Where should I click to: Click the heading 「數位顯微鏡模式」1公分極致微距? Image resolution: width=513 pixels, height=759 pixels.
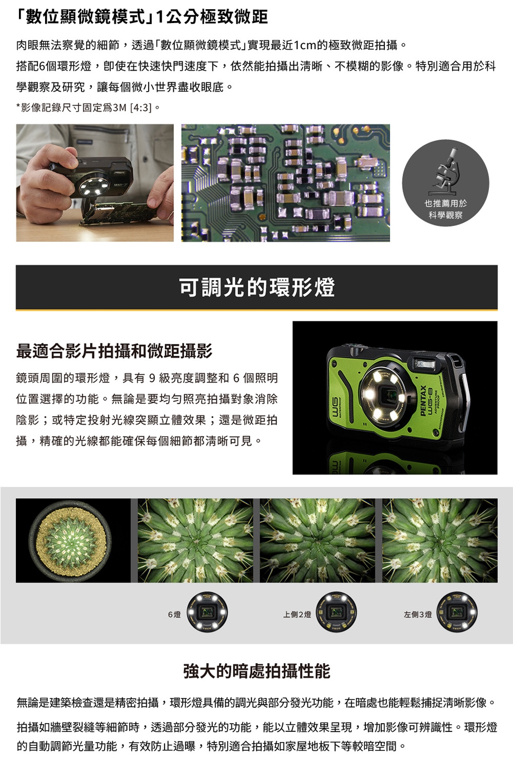click(x=142, y=17)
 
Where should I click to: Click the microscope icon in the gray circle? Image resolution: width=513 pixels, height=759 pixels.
click(x=446, y=170)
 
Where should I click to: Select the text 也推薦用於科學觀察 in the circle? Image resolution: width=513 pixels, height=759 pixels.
click(x=445, y=209)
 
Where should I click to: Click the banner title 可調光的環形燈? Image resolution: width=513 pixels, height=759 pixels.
click(x=256, y=287)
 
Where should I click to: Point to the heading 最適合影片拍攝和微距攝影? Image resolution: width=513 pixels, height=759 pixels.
click(x=114, y=351)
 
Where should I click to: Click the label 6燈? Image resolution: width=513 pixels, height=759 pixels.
click(x=174, y=614)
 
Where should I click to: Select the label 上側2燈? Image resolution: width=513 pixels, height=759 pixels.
click(x=297, y=614)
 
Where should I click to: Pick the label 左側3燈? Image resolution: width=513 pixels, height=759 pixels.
click(x=418, y=614)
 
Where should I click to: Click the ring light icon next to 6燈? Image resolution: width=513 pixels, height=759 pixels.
click(x=207, y=612)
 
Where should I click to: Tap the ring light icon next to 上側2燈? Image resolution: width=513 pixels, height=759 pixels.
click(x=336, y=612)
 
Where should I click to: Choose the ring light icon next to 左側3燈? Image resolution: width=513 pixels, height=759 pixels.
click(x=457, y=612)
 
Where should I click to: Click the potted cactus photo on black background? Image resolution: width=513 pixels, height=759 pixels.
click(x=73, y=540)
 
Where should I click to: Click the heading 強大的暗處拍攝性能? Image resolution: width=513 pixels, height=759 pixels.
click(x=256, y=671)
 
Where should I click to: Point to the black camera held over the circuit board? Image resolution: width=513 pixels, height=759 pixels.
click(x=92, y=177)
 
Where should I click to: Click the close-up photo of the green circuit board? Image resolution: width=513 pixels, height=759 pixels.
click(x=285, y=182)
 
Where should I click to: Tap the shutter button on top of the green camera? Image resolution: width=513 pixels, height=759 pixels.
click(x=354, y=352)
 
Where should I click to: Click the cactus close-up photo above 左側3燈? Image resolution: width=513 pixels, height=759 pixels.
click(x=440, y=540)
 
